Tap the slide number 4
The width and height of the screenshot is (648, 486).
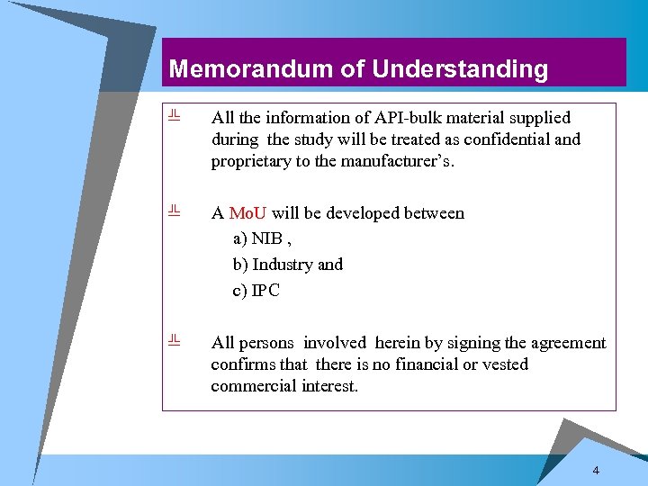(x=596, y=472)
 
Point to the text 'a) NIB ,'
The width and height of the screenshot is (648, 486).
(x=259, y=238)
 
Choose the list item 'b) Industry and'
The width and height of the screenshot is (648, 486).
(x=288, y=265)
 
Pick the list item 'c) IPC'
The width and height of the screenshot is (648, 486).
(x=256, y=291)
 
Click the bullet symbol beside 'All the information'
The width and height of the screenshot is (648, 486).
(x=175, y=115)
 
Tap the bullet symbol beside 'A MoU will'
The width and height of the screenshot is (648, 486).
(x=175, y=211)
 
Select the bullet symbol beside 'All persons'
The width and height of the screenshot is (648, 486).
(x=175, y=340)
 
